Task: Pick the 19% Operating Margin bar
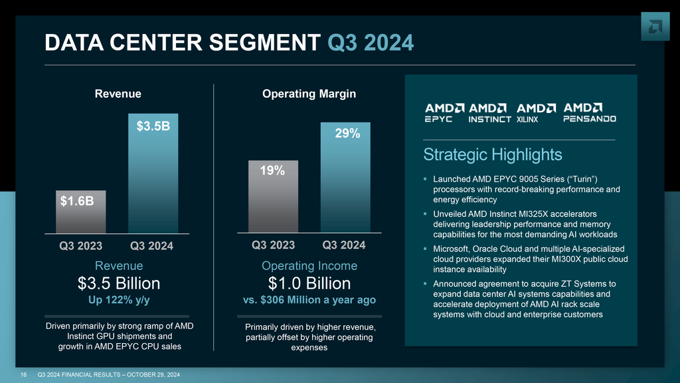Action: pyautogui.click(x=273, y=196)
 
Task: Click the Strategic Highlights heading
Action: pyautogui.click(x=492, y=155)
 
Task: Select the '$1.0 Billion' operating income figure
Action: pyautogui.click(x=308, y=284)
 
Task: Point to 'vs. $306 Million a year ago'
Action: pyautogui.click(x=308, y=300)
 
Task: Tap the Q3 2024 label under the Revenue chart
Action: pyautogui.click(x=152, y=246)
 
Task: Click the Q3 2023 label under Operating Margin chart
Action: pyautogui.click(x=273, y=245)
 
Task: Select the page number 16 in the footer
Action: pyautogui.click(x=23, y=376)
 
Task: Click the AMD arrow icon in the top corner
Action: pyautogui.click(x=655, y=27)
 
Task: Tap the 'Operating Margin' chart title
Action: pyautogui.click(x=309, y=94)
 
